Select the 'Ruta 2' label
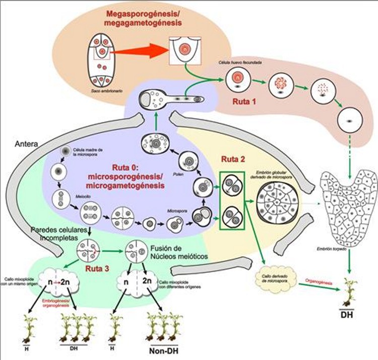click(233, 160)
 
